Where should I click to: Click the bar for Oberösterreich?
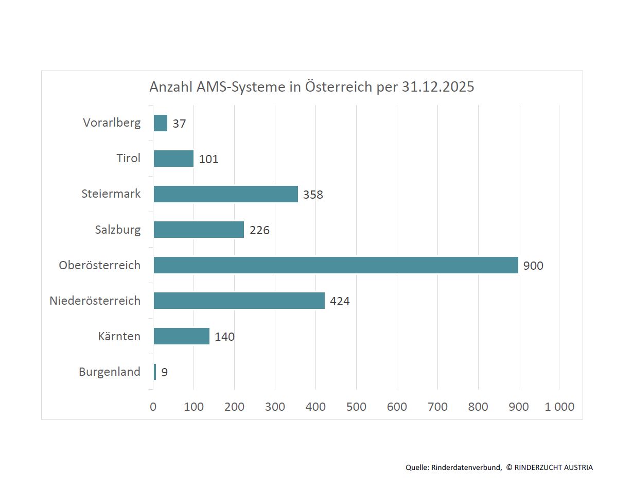pos(336,265)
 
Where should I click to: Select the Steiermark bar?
pos(225,194)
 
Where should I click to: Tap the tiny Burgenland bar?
pos(155,372)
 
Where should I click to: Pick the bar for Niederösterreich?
pos(239,301)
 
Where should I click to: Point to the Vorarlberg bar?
pos(161,123)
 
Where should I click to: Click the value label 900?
pos(533,266)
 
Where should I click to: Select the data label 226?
pos(259,230)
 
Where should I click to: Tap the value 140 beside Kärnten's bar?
pos(224,337)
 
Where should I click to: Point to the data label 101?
pos(208,159)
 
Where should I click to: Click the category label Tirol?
pos(128,158)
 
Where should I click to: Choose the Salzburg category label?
pos(117,230)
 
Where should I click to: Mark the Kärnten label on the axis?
pos(119,337)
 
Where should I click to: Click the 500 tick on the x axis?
pos(356,407)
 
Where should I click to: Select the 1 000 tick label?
pos(559,407)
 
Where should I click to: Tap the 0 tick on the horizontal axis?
pos(153,407)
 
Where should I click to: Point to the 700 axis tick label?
pos(437,407)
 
